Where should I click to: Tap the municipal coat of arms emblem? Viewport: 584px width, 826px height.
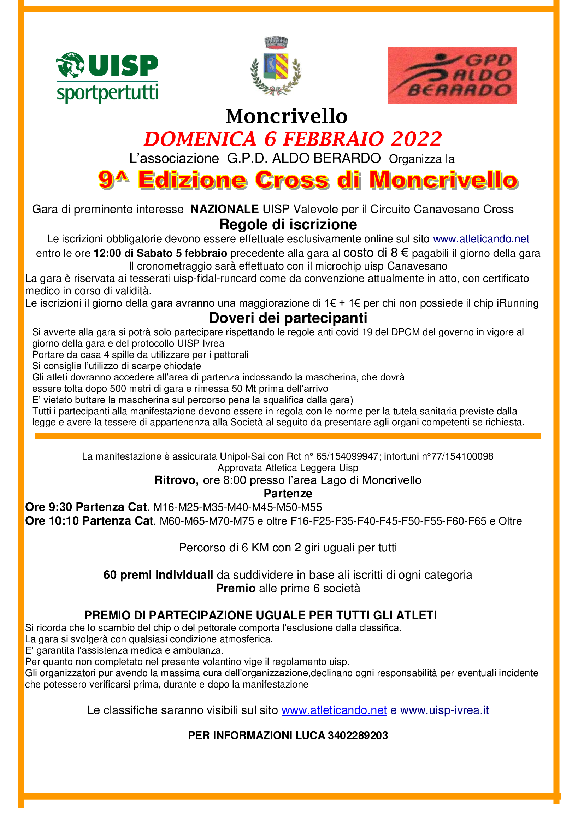[276, 66]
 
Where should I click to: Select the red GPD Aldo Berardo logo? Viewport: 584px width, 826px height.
[452, 75]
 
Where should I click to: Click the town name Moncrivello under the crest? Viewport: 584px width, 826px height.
[287, 116]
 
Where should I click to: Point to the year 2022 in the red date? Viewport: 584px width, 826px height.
[416, 139]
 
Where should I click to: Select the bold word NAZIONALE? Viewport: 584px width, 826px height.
[225, 209]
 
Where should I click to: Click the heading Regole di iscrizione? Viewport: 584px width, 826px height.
[288, 224]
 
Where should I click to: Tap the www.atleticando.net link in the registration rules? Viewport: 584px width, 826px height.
[481, 239]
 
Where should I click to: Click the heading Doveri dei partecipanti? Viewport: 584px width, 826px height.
[288, 318]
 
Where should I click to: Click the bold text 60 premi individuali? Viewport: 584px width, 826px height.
[158, 575]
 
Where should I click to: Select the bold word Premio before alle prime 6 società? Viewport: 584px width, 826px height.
[236, 588]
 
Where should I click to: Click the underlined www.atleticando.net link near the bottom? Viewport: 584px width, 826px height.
[334, 710]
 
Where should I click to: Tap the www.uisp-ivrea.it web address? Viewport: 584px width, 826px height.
[444, 710]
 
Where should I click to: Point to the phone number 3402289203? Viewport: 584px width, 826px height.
[358, 735]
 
